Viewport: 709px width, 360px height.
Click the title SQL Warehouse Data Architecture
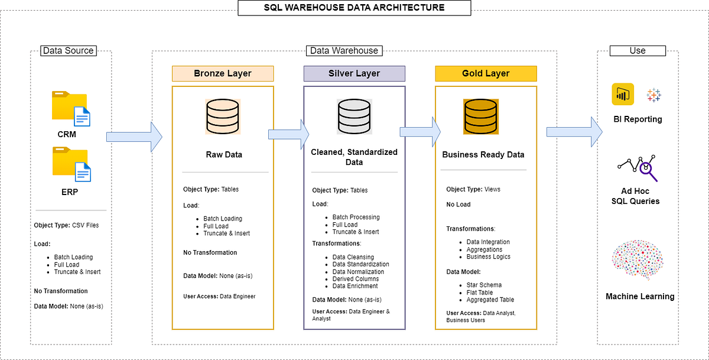coord(354,8)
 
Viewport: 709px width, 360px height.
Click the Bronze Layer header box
coord(223,74)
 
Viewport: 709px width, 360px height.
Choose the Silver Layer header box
coord(354,74)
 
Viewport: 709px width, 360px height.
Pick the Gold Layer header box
coord(486,74)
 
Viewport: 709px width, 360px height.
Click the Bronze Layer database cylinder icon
coord(223,115)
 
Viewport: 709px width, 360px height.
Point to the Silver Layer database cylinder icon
coord(354,116)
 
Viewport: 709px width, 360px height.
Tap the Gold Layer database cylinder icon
coord(480,116)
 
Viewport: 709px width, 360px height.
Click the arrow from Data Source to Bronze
coord(134,137)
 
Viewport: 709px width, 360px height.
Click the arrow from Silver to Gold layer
coord(420,131)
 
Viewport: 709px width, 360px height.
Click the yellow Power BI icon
coord(623,94)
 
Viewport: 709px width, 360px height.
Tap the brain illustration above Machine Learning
coord(637,261)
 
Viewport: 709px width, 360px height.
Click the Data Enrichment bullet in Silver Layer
coord(355,286)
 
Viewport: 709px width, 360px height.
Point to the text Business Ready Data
coord(483,155)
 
